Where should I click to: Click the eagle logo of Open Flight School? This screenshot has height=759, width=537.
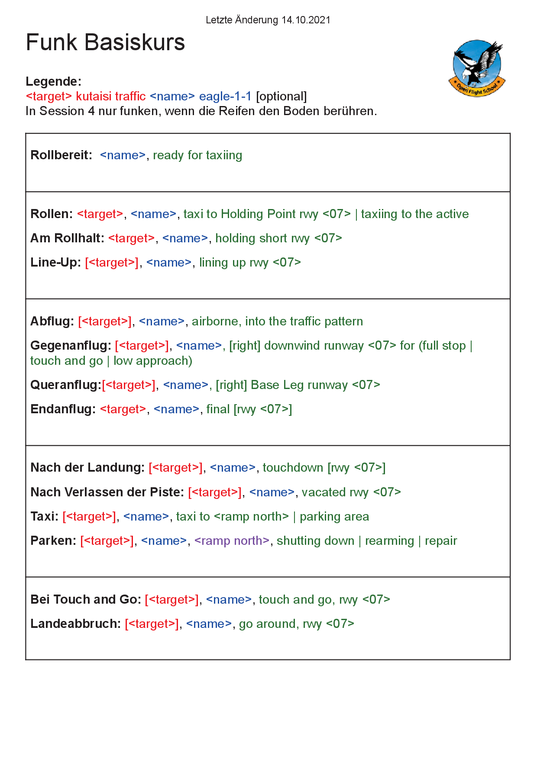pyautogui.click(x=477, y=68)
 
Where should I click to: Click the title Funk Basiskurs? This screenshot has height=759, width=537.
pyautogui.click(x=105, y=42)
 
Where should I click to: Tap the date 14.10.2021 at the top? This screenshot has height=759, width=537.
pyautogui.click(x=306, y=20)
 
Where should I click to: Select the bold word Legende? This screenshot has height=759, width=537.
pyautogui.click(x=54, y=81)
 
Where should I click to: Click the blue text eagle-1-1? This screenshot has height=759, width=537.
pyautogui.click(x=225, y=96)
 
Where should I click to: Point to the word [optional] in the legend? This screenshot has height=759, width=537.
pyautogui.click(x=281, y=96)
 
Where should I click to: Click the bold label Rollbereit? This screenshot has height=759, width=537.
pyautogui.click(x=61, y=155)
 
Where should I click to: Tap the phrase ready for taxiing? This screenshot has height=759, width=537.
pyautogui.click(x=197, y=155)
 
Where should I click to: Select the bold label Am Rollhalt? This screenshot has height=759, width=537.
pyautogui.click(x=67, y=238)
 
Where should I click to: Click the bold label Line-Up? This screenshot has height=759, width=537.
pyautogui.click(x=55, y=262)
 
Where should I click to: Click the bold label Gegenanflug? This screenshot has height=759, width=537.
pyautogui.click(x=71, y=345)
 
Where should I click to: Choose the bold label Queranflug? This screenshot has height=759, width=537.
pyautogui.click(x=65, y=385)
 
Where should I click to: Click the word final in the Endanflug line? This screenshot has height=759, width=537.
pyautogui.click(x=218, y=409)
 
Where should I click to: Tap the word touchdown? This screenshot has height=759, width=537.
pyautogui.click(x=293, y=467)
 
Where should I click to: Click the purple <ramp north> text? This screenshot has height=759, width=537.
pyautogui.click(x=232, y=540)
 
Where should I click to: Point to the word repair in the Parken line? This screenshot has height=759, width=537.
pyautogui.click(x=441, y=540)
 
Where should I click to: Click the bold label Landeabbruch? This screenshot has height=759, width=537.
pyautogui.click(x=75, y=624)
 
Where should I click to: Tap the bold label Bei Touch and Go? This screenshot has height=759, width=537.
pyautogui.click(x=86, y=599)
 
